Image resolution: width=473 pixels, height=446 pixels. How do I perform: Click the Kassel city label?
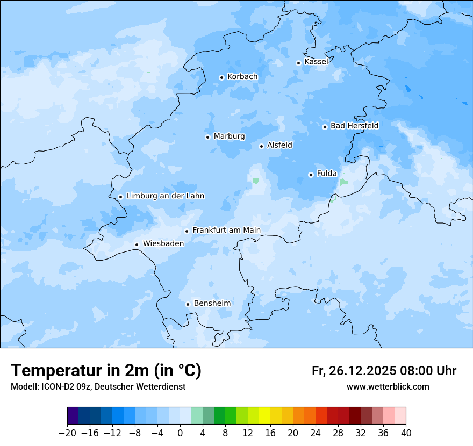[316, 62]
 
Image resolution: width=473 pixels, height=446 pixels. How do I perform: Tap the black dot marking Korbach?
[221, 77]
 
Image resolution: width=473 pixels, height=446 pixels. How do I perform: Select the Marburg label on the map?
[229, 136]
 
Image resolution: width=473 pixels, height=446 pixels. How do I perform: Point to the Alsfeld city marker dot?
[262, 146]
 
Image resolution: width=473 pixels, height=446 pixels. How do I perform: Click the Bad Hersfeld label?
[354, 126]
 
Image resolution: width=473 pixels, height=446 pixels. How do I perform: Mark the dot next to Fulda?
[311, 175]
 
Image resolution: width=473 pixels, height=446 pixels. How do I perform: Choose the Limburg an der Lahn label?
[165, 196]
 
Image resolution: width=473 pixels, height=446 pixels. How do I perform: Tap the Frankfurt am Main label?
[226, 230]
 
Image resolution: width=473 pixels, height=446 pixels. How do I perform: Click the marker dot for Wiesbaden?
[137, 244]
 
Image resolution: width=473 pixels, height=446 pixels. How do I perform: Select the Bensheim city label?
[212, 303]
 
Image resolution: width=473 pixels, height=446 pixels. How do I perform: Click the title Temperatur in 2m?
[106, 371]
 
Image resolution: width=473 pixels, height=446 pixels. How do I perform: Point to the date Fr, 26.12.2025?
[354, 371]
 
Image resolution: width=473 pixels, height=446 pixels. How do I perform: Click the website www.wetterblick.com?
[388, 386]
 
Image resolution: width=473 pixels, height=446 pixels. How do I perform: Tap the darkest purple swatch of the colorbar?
[73, 416]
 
